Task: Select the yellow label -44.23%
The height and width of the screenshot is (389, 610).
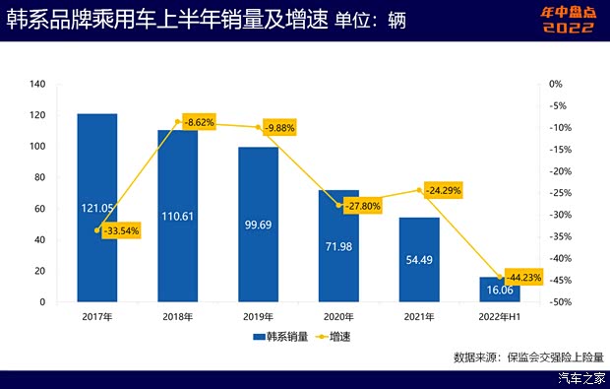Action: click(x=522, y=277)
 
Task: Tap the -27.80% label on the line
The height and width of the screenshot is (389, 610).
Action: click(x=358, y=206)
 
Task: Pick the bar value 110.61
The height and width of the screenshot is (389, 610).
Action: click(x=177, y=216)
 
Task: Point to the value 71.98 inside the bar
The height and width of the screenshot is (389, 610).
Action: click(x=338, y=244)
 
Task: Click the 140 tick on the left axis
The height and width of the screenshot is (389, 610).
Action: click(x=38, y=84)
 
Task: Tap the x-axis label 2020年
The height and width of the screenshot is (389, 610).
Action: click(x=338, y=317)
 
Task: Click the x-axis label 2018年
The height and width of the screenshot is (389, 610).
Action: click(x=177, y=317)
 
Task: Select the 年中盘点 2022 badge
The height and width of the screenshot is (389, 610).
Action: click(x=560, y=20)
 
